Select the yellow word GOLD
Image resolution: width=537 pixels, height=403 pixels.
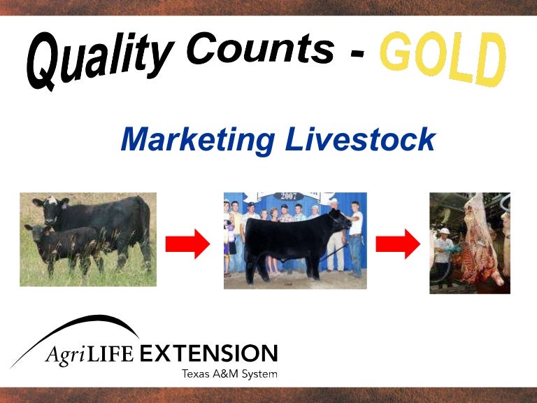442,58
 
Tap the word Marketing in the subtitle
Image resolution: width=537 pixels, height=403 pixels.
198,139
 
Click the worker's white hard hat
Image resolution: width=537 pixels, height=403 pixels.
444,231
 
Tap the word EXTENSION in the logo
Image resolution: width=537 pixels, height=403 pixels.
208,353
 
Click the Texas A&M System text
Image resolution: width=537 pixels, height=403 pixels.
229,374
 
